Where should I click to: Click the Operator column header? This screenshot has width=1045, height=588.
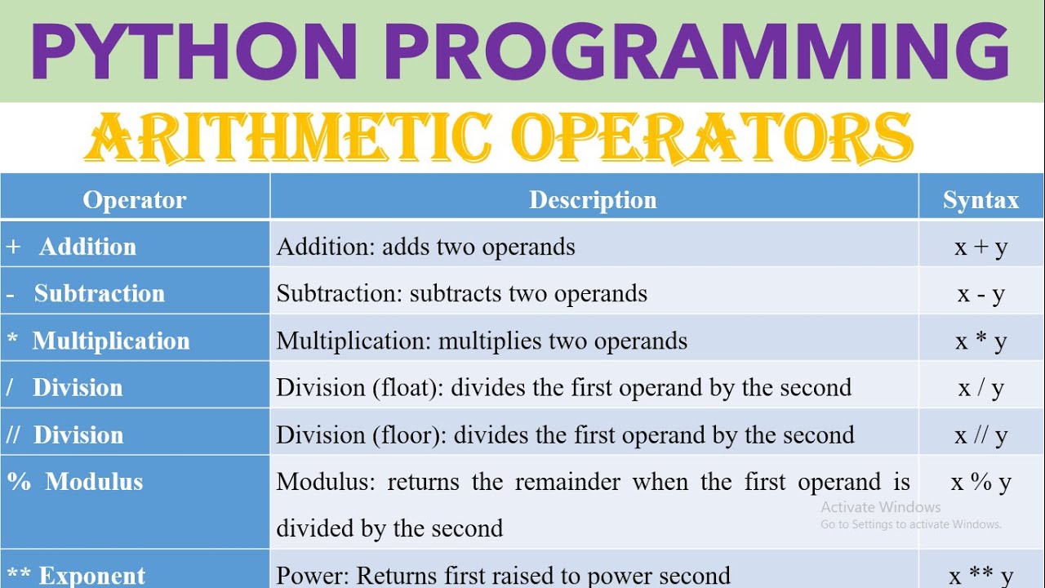click(135, 200)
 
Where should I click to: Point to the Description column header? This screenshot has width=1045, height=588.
click(593, 200)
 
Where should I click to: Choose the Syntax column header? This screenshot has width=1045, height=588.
click(981, 200)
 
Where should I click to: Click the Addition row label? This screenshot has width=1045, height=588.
click(87, 247)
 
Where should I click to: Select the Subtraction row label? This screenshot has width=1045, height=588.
click(99, 293)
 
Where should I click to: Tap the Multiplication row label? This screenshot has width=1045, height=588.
click(110, 341)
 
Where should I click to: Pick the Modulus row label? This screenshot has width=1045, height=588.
click(93, 481)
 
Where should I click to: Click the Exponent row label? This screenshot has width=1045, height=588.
click(91, 576)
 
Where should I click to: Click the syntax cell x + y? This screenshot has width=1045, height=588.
click(981, 247)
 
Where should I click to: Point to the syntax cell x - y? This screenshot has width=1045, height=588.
click(981, 294)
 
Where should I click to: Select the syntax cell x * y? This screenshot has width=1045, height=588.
click(981, 341)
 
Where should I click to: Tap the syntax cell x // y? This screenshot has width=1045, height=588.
click(981, 435)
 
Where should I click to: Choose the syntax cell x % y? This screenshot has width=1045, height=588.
click(981, 482)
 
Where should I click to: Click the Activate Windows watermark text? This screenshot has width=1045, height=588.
click(881, 507)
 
